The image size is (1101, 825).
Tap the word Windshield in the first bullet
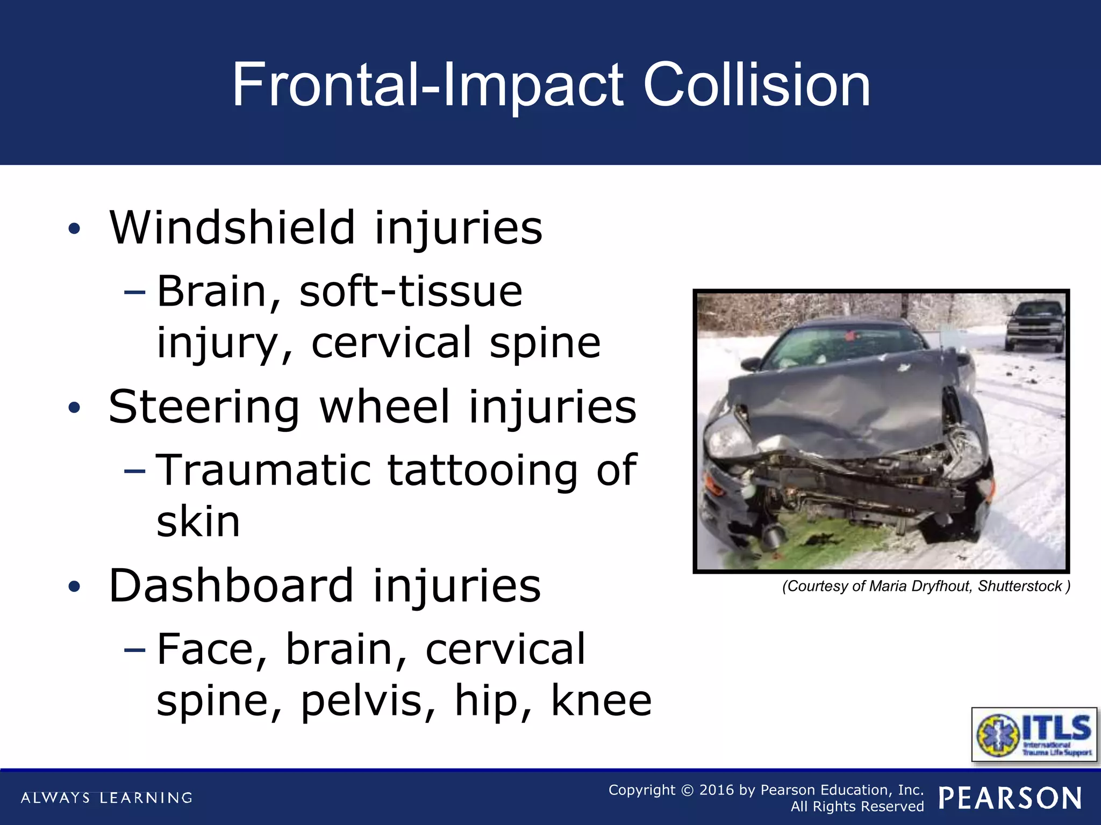(x=232, y=228)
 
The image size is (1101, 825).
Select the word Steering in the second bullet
(x=204, y=407)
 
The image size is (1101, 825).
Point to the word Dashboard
(x=231, y=586)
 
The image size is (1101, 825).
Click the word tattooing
(x=482, y=471)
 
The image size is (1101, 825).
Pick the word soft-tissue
(x=410, y=292)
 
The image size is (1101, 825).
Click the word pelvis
(x=368, y=700)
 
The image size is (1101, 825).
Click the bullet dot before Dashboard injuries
(x=74, y=587)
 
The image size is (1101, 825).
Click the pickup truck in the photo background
(x=1034, y=324)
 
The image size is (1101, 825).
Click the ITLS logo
(x=1034, y=734)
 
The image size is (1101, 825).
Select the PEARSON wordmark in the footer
(x=1010, y=798)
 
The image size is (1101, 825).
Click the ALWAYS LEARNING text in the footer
(x=106, y=798)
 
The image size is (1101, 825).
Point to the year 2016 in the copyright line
(x=716, y=790)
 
